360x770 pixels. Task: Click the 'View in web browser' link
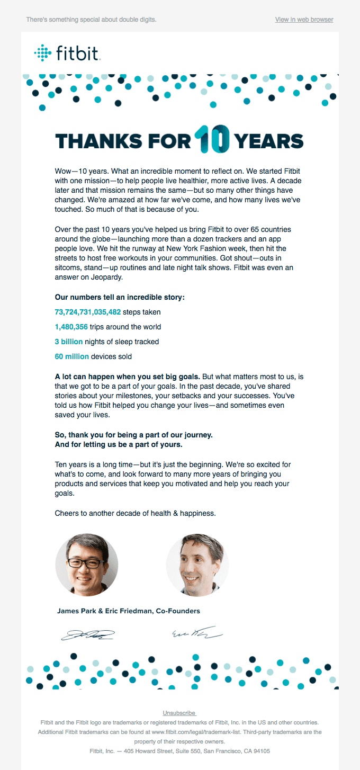[x=304, y=20]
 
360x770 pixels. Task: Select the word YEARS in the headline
[x=269, y=141]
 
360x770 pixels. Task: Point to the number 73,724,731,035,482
[x=88, y=312]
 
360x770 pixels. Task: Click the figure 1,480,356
[x=71, y=327]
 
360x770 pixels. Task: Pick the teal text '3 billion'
[x=69, y=342]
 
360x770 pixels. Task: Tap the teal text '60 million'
[x=72, y=356]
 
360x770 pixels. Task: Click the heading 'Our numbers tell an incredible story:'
[x=120, y=297]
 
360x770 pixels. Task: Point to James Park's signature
[x=87, y=634]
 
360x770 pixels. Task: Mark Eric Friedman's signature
[x=196, y=633]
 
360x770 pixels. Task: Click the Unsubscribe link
[x=179, y=713]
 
